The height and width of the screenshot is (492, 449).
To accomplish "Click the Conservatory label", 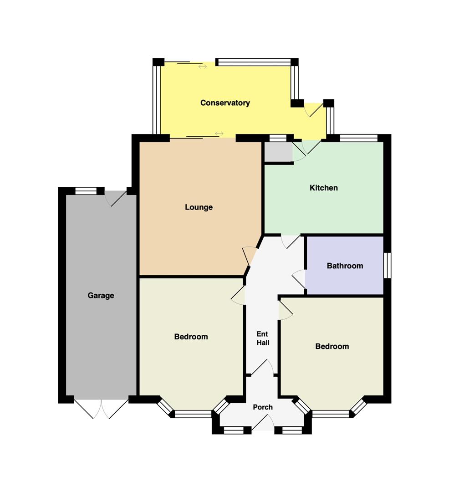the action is click(225, 103).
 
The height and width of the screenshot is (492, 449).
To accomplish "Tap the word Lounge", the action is click(199, 207).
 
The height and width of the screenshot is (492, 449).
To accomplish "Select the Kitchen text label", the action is click(324, 188).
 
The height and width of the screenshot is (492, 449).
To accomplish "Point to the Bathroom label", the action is click(345, 266).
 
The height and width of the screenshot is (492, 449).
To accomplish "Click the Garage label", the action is click(101, 296).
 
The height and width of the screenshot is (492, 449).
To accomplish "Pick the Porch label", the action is click(263, 407).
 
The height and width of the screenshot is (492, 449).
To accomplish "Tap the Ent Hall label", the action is click(263, 338).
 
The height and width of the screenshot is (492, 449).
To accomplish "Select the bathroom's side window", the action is click(388, 266).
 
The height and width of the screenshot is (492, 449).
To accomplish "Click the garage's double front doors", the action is click(101, 409).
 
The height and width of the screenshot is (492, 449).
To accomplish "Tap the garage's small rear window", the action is click(86, 191).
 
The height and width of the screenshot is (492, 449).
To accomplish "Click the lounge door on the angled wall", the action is click(250, 256).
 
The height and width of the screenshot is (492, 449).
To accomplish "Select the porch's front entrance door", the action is click(263, 422).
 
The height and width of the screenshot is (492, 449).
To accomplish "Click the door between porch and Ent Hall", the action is click(262, 367).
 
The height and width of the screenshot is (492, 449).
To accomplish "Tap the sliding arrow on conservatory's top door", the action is click(203, 67).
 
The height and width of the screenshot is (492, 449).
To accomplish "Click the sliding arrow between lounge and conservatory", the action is click(219, 133).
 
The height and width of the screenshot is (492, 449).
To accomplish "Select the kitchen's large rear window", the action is click(359, 138).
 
